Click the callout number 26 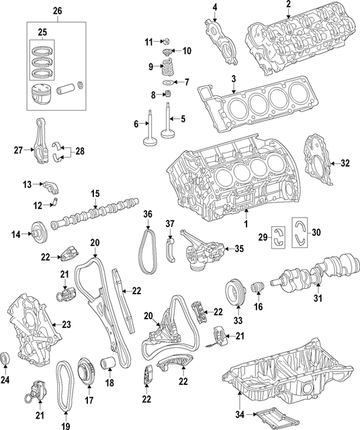pos(56,11)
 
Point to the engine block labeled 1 pos(235,181)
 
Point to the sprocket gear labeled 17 pos(85,370)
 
